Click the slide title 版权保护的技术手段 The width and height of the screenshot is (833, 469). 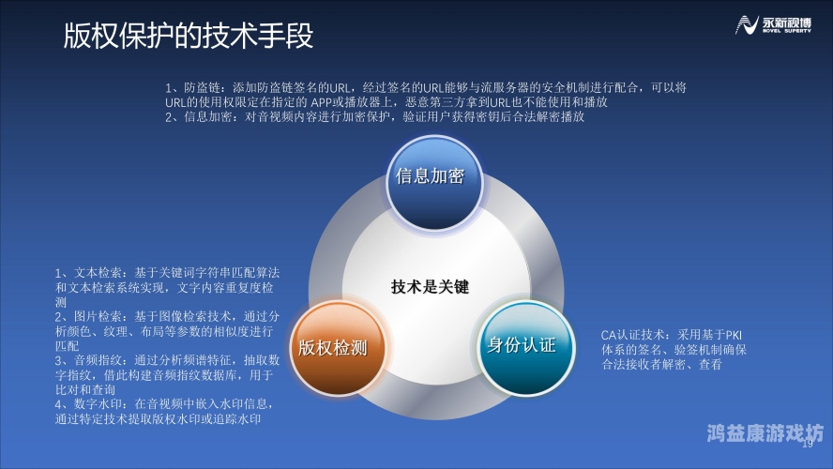(x=188, y=36)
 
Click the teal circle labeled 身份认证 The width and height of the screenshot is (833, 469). (x=522, y=344)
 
